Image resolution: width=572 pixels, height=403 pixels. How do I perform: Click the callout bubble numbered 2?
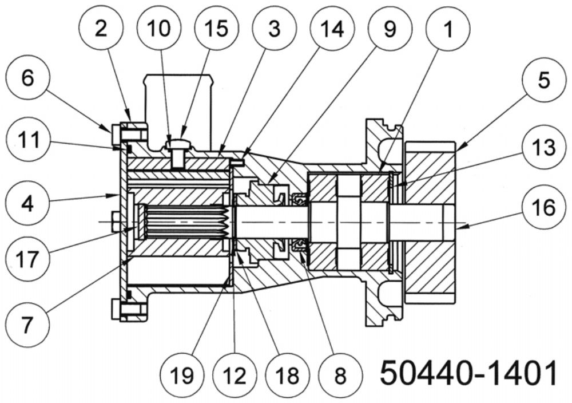(101, 28)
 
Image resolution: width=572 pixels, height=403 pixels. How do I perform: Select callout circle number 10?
(159, 28)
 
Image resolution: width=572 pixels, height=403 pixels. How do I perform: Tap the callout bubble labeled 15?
(217, 28)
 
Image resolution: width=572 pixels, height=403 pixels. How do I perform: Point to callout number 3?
(275, 28)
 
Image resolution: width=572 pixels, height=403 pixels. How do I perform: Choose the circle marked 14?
(332, 28)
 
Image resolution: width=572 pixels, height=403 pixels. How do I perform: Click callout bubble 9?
(390, 28)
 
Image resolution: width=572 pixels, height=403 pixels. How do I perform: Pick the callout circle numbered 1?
(448, 28)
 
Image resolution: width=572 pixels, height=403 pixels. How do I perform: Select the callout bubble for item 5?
(544, 80)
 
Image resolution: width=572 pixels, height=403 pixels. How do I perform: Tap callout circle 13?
(544, 148)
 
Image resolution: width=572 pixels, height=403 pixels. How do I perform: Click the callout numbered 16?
(544, 208)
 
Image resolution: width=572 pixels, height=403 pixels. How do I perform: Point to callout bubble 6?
(27, 77)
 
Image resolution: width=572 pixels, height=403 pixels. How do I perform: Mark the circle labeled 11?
(27, 140)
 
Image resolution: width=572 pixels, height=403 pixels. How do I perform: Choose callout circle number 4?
(27, 203)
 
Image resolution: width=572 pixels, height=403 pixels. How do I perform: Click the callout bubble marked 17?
(27, 258)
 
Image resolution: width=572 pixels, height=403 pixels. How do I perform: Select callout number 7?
(27, 325)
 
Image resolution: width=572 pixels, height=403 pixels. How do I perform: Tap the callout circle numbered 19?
(181, 374)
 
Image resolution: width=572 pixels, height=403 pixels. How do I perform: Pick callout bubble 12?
(235, 374)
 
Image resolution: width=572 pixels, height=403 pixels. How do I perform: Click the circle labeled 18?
(288, 374)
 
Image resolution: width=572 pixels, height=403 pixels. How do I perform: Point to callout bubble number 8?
(340, 374)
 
